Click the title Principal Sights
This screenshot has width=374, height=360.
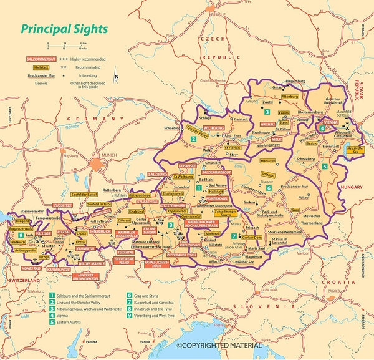tap(64, 29)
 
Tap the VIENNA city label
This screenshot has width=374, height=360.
tap(330, 124)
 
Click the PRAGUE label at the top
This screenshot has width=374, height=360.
tap(218, 14)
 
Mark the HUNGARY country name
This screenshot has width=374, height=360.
tap(353, 186)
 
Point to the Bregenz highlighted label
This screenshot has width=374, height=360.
tap(20, 221)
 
